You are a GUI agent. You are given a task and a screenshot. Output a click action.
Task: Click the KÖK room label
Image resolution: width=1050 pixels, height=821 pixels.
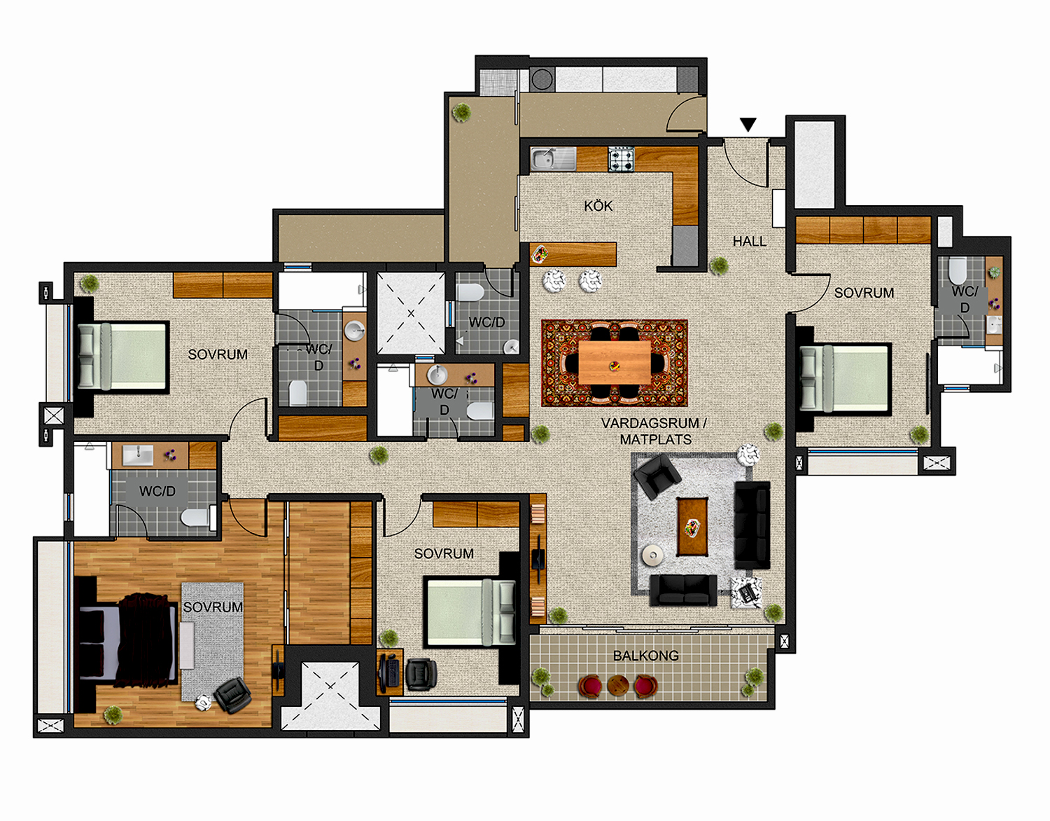[598, 206]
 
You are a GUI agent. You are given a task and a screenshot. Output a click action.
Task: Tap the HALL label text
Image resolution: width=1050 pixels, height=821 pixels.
[749, 241]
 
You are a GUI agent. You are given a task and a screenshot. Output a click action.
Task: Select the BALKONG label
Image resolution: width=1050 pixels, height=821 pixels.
[645, 656]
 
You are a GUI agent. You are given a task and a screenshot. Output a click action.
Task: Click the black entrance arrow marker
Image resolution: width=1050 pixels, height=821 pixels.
[748, 125]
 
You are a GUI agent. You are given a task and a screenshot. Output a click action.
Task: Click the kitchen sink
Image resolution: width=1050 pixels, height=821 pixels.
[544, 159]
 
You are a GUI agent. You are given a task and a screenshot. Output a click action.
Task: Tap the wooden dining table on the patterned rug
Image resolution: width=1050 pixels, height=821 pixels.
[615, 363]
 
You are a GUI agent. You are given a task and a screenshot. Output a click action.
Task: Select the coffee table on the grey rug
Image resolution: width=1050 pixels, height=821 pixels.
[692, 526]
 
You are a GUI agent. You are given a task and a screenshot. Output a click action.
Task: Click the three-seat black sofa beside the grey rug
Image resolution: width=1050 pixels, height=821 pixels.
[752, 524]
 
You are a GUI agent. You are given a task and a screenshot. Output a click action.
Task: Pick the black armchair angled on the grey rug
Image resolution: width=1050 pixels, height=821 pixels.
[657, 476]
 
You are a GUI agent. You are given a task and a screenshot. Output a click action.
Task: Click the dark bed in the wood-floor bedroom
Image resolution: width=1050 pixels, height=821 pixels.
[126, 642]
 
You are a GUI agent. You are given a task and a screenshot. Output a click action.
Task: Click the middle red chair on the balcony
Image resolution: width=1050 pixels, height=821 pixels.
[617, 685]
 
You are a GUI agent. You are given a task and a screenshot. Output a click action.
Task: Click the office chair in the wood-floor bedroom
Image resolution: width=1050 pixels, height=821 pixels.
[232, 695]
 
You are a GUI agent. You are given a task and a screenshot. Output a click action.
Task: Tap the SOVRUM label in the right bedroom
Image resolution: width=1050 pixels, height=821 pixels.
[864, 293]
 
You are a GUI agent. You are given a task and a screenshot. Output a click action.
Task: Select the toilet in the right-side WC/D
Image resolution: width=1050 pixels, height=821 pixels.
[957, 270]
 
